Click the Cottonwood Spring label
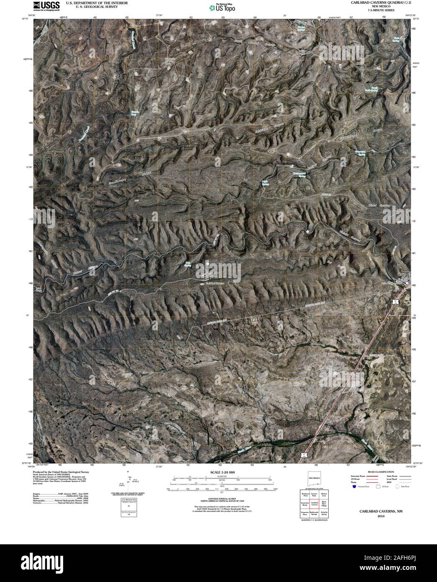click(299, 174)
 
